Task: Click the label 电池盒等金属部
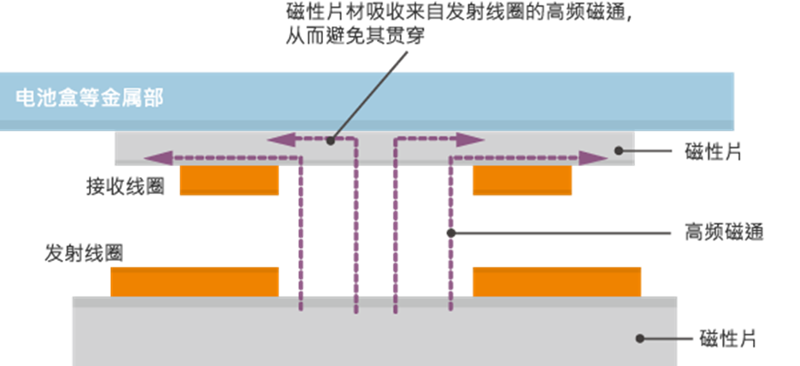[x=89, y=97]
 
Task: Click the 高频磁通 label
[x=723, y=232]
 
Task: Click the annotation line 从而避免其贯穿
[x=356, y=37]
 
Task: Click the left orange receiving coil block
[x=229, y=180]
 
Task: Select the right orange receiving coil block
[x=521, y=180]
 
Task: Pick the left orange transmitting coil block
[x=195, y=281]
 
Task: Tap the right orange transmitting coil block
[x=556, y=281]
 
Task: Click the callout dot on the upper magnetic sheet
[x=618, y=151]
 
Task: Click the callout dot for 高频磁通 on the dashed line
[x=450, y=232]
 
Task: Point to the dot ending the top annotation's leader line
[x=330, y=139]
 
